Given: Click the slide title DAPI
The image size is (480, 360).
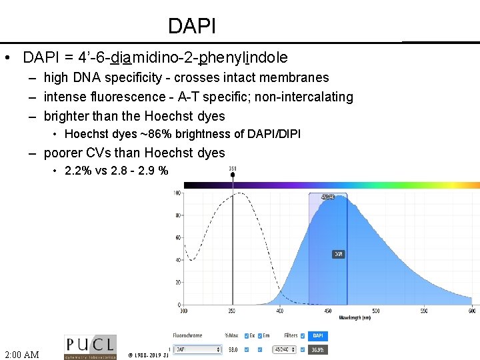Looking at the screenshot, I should point(192,26).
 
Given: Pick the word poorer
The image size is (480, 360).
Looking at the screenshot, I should point(65,153).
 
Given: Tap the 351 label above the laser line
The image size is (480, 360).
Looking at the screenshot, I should point(232,168).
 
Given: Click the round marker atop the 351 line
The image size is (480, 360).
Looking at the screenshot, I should point(232,175).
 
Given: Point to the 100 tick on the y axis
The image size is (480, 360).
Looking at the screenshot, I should point(177,193).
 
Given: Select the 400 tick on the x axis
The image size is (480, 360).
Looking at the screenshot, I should point(279,311).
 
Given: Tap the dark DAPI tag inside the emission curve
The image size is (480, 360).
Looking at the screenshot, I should point(339,254).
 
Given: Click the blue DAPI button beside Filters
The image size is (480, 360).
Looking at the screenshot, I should point(318,335).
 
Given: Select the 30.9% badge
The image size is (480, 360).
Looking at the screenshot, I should point(318,349).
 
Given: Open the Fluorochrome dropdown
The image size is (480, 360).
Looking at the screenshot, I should point(197,349).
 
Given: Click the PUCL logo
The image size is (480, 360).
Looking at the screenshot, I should point(90,347).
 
